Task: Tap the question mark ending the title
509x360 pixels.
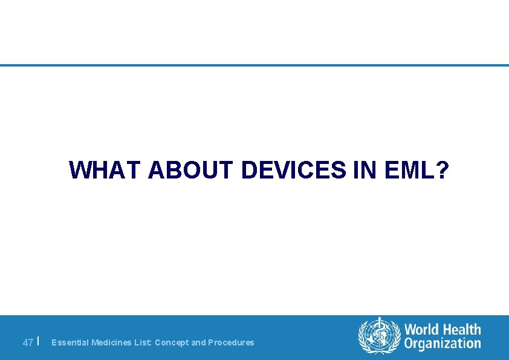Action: coord(443,171)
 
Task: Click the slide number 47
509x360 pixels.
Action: coord(27,342)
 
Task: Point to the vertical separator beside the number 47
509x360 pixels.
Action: coord(38,341)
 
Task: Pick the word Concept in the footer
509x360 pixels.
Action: coord(172,342)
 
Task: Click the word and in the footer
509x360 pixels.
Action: coord(198,342)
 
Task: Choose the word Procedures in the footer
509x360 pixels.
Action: coord(231,342)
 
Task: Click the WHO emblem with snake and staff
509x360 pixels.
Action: coord(380,336)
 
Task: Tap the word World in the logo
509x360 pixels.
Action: coord(422,330)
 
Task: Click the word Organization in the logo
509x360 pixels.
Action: coord(443,344)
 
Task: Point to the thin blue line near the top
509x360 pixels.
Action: coord(254,65)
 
